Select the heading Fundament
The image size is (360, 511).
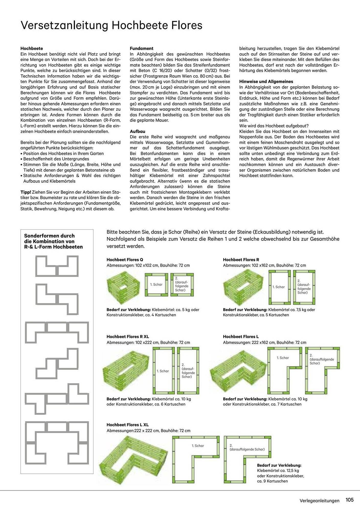[x=141, y=48]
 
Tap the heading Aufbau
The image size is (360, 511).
[x=137, y=131]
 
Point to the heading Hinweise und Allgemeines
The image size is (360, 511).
[x=266, y=82]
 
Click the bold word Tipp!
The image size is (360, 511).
[x=26, y=192]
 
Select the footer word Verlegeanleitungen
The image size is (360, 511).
[x=319, y=501]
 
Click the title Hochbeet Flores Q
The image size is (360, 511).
[x=125, y=260]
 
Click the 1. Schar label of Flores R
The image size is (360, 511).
[x=278, y=287]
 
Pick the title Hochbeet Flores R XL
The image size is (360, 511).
[x=128, y=336]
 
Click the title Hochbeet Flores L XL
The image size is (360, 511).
[x=127, y=425]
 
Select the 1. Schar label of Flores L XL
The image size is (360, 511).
[x=198, y=446]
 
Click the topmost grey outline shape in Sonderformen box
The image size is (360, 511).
[x=57, y=266]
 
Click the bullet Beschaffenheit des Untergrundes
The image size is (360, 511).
[x=56, y=159]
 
